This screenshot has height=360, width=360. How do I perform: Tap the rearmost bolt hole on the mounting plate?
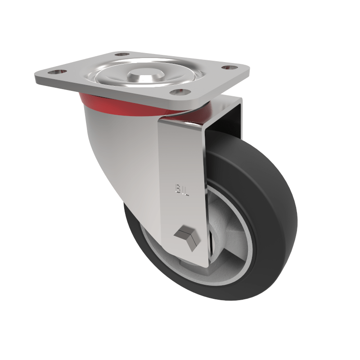pyautogui.click(x=121, y=55)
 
